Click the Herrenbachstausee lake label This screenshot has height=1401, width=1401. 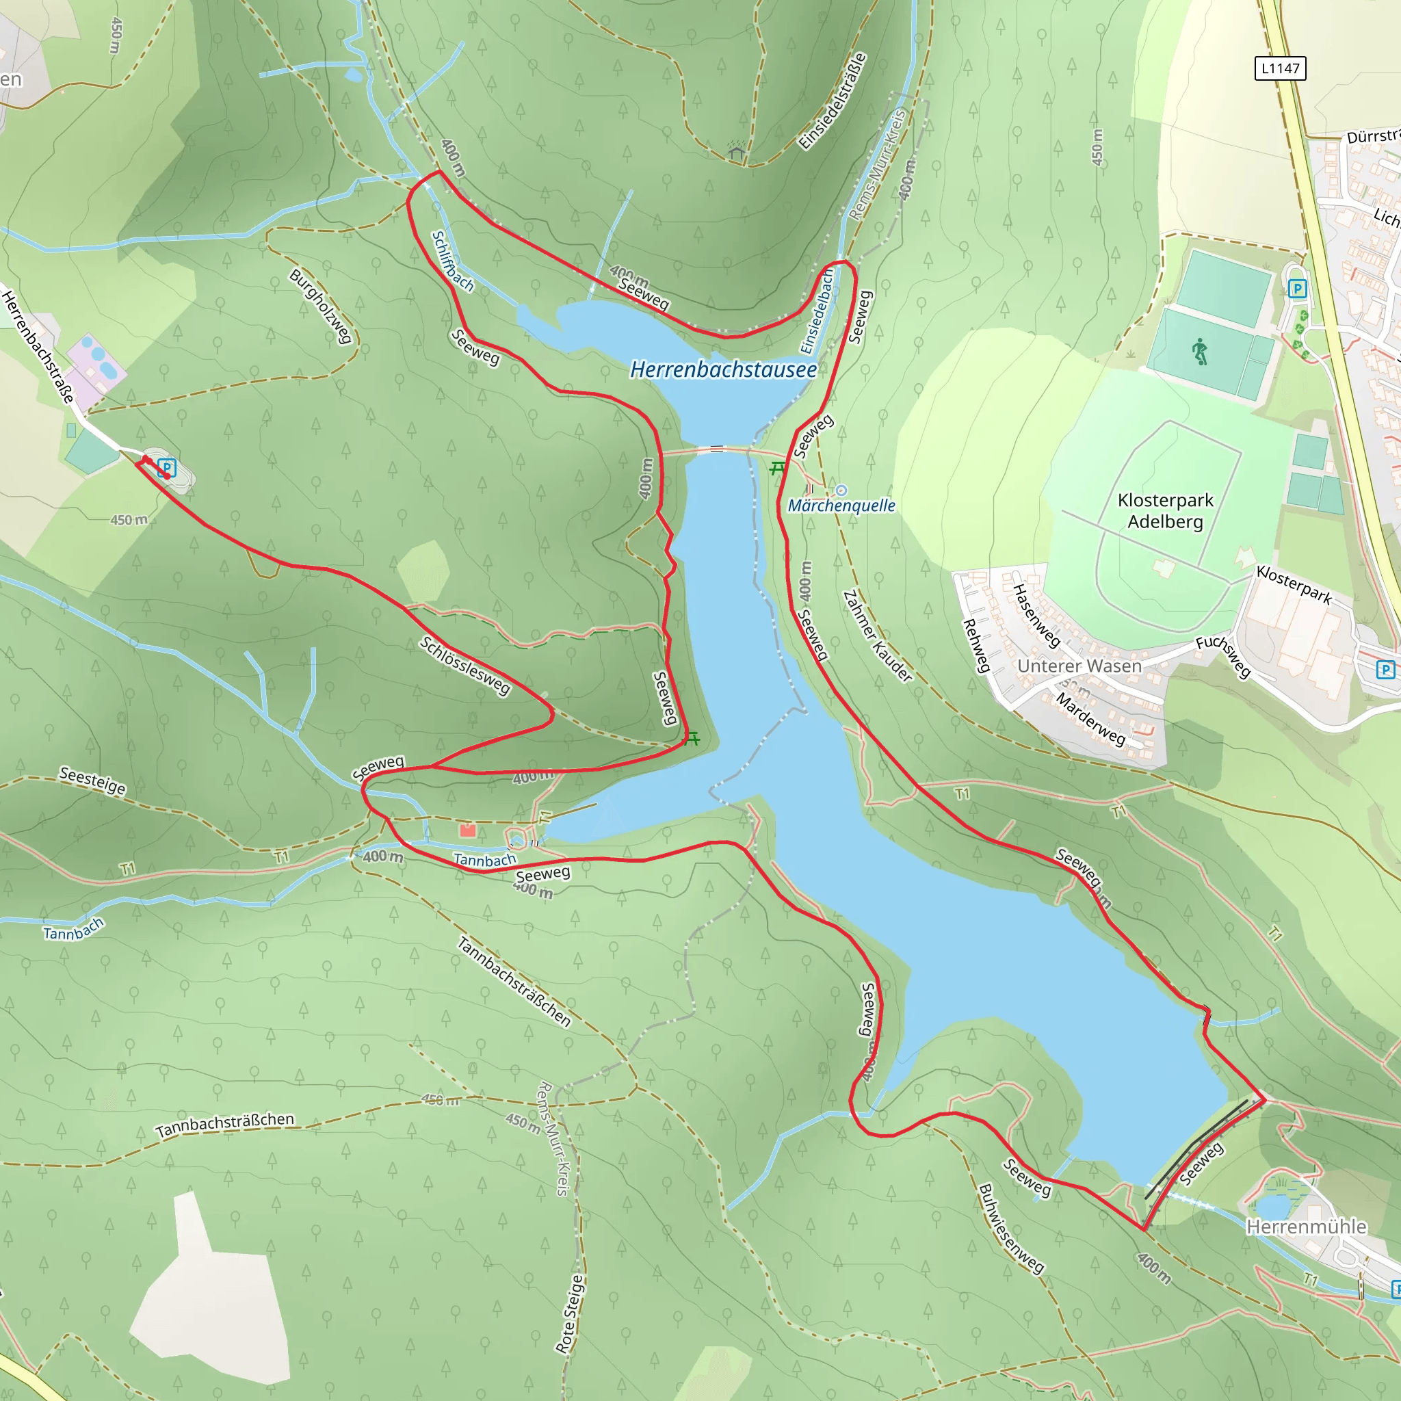point(723,370)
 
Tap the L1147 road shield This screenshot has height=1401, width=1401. point(1280,68)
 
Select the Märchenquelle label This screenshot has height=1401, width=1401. point(841,506)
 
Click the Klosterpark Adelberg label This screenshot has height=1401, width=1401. point(1164,510)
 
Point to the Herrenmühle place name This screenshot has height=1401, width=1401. point(1306,1227)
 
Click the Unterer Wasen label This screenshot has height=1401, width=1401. point(1079,666)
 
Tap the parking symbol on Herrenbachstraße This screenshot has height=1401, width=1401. point(167,468)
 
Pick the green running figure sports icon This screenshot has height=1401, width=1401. point(1200,352)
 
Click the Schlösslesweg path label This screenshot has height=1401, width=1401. point(464,666)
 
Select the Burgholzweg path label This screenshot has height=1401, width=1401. point(321,306)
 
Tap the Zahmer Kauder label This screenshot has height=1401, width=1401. point(877,636)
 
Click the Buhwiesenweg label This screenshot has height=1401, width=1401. point(1011,1229)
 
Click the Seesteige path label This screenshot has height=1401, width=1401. point(92,781)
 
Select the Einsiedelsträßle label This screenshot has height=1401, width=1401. point(833,101)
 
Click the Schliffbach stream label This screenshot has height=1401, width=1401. point(451,261)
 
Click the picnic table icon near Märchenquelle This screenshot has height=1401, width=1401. point(777,469)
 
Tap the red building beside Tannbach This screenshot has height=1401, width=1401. point(468,830)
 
